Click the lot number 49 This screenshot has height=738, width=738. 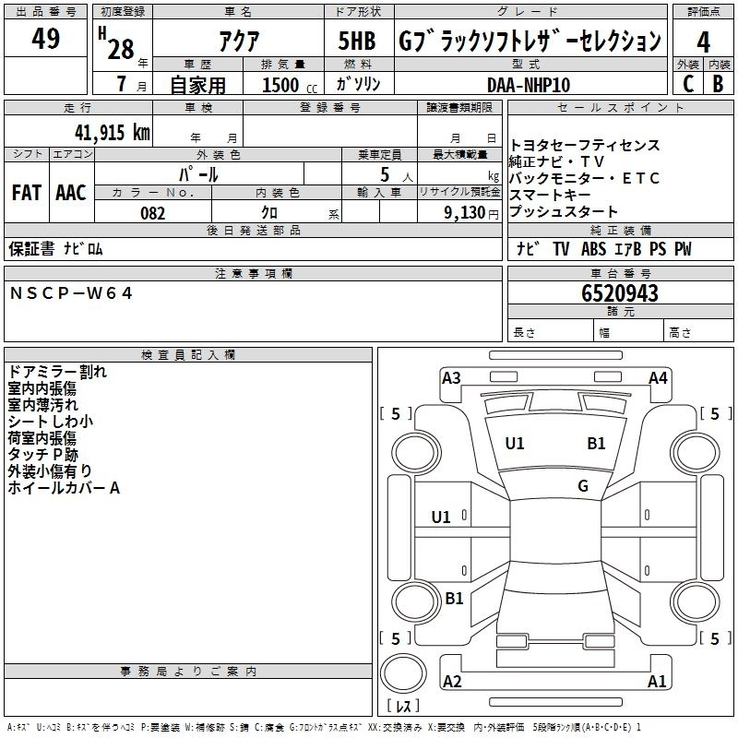45,40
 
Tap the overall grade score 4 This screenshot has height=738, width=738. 704,42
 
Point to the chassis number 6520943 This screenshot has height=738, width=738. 620,293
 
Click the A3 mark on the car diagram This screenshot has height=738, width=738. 451,377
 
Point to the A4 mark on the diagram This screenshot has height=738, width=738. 658,377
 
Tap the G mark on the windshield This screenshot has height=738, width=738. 582,486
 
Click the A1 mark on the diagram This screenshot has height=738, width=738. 657,682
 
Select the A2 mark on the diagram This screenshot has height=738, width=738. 452,682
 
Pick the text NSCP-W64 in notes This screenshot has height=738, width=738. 72,292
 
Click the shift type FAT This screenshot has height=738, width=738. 27,193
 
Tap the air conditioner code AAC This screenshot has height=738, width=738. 71,193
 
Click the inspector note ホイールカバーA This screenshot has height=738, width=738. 64,487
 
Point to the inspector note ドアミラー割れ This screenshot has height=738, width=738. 57,372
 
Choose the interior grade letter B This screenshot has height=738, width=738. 718,84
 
